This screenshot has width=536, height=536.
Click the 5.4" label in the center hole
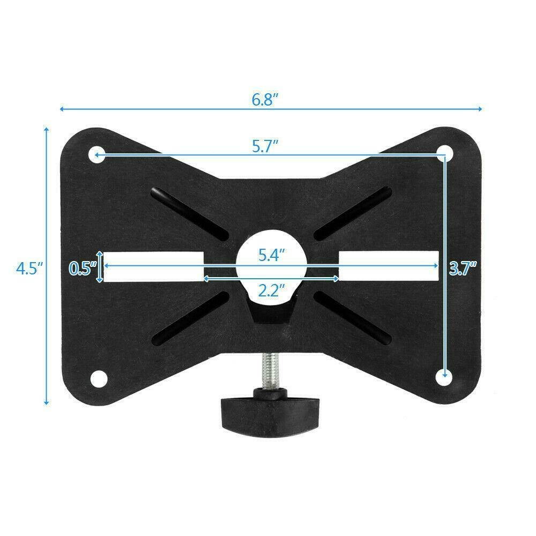(271, 255)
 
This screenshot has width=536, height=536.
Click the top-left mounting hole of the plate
(97, 155)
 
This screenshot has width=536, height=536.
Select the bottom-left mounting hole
(98, 377)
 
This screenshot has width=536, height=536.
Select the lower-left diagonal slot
(190, 318)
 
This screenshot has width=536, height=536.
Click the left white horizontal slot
(153, 266)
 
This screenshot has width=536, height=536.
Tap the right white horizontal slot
(388, 266)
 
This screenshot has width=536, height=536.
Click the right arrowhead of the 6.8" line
(480, 109)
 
